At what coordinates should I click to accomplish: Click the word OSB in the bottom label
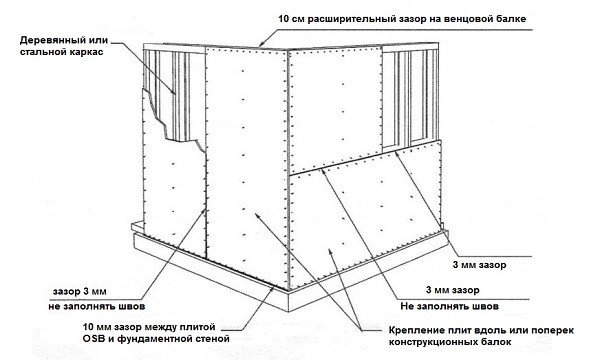[92, 339]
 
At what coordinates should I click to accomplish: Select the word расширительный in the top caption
[350, 18]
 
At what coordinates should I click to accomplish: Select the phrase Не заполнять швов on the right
[450, 306]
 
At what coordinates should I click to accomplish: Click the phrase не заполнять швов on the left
[96, 306]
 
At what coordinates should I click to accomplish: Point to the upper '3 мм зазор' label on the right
[479, 265]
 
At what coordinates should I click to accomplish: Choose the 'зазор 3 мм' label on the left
[79, 292]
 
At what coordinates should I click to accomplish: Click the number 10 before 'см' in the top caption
[284, 18]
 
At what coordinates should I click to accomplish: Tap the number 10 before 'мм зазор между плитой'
[88, 327]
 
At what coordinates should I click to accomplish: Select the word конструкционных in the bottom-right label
[430, 342]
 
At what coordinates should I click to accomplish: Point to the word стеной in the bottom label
[213, 339]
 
